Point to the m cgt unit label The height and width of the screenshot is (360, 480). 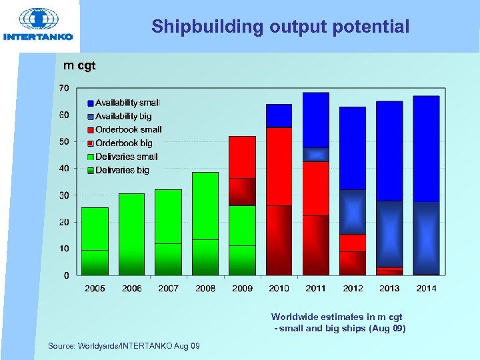pyautogui.click(x=79, y=65)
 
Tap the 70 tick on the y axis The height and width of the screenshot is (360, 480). pyautogui.click(x=63, y=88)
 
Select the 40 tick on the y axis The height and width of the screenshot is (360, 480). pyautogui.click(x=63, y=169)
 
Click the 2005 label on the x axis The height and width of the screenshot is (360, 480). pyautogui.click(x=95, y=288)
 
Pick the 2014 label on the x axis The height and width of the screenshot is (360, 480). pyautogui.click(x=427, y=288)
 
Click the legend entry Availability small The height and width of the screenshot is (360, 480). pyautogui.click(x=127, y=103)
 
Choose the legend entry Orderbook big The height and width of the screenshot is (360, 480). pyautogui.click(x=123, y=143)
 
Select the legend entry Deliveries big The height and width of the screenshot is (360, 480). pyautogui.click(x=122, y=170)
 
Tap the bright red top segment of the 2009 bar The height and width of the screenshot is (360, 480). pyautogui.click(x=242, y=157)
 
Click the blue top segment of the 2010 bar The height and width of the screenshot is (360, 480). pyautogui.click(x=279, y=115)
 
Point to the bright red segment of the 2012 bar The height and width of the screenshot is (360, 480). pyautogui.click(x=353, y=242)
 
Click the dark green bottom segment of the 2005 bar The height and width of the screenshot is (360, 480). pyautogui.click(x=95, y=263)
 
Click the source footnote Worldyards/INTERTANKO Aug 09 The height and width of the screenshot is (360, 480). pyautogui.click(x=123, y=345)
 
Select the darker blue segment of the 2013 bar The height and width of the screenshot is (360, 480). pyautogui.click(x=389, y=233)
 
